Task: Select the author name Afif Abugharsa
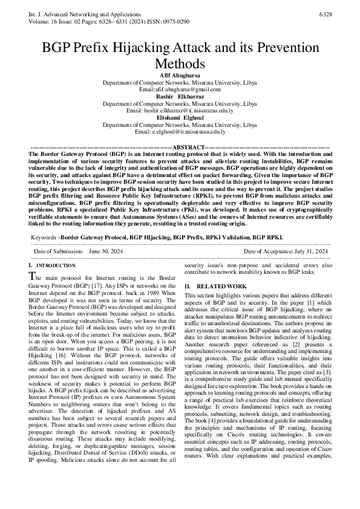pos(180,74)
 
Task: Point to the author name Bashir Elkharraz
pos(180,96)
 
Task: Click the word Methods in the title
pos(180,63)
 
